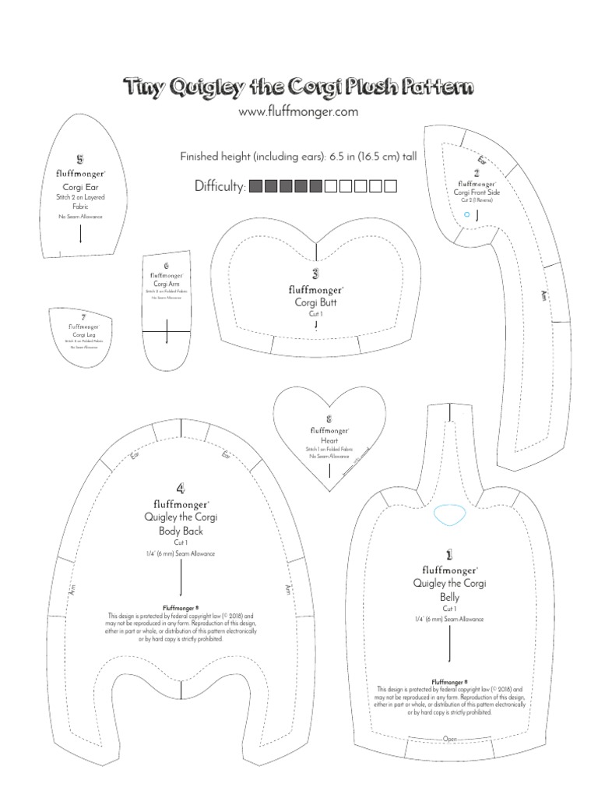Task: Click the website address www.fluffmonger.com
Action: (298, 112)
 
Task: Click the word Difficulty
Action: (220, 187)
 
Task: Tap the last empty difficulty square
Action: (391, 186)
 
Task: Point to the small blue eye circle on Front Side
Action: (466, 213)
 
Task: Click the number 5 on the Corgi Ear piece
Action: (80, 160)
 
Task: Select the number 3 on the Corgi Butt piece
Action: (315, 274)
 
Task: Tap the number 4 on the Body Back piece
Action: (181, 489)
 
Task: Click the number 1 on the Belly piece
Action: (449, 555)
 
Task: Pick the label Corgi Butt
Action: (315, 302)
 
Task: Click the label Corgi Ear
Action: (80, 187)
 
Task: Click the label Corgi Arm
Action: (167, 284)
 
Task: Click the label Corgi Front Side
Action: (476, 192)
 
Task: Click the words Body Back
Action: (181, 531)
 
